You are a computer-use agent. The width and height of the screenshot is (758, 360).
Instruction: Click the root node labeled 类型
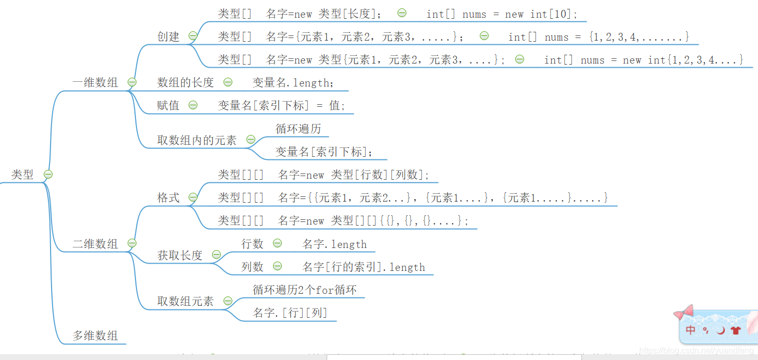22,175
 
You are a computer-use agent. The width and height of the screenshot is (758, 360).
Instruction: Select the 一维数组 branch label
95,82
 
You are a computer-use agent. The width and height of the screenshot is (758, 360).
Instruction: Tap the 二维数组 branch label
95,244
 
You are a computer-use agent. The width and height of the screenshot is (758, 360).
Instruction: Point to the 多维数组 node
95,336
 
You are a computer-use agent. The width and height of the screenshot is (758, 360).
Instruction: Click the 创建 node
168,36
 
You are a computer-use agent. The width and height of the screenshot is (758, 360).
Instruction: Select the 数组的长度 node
185,82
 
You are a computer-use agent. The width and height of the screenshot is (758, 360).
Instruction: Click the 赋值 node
168,105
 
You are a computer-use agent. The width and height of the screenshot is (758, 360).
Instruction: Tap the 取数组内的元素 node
197,140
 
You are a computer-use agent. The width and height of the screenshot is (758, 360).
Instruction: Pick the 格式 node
168,198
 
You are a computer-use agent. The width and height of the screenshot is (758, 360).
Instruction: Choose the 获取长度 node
180,255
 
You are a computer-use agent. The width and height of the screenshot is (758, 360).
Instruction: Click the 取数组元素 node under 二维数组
185,301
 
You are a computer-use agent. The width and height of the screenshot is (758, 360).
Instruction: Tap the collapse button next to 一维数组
132,82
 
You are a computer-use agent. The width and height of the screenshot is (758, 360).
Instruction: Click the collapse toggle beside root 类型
48,175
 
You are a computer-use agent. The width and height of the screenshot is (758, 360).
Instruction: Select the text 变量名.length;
293,83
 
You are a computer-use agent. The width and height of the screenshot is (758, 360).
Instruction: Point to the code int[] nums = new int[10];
502,14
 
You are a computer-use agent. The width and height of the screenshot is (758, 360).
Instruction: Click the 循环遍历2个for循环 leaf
305,290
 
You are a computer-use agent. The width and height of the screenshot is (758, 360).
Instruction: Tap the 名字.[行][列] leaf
290,313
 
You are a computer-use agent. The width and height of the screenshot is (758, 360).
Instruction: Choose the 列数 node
253,267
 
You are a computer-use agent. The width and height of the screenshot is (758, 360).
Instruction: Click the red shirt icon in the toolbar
736,330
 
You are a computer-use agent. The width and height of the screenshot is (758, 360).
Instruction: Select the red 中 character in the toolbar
691,330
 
